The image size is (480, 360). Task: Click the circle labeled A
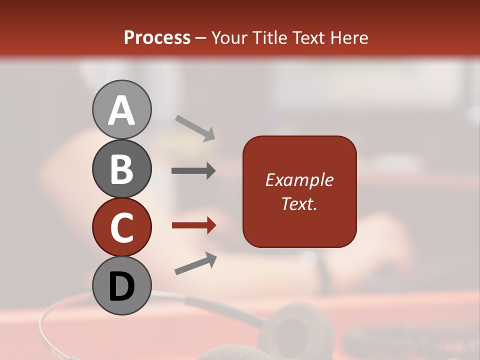point(121,109)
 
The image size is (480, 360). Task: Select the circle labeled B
point(121,168)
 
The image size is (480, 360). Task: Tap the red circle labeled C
point(121,227)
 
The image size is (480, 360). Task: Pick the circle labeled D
point(121,285)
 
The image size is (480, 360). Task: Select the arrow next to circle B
point(193,171)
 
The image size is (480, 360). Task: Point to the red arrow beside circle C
point(193,225)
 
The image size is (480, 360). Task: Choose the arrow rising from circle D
point(195,264)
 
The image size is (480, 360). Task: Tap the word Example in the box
point(299,180)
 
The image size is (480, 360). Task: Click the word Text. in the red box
point(299,203)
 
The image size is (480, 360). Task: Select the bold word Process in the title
point(157,37)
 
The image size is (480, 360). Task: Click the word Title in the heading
point(268,37)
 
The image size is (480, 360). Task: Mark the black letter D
point(121,287)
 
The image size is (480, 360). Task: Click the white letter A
point(121,110)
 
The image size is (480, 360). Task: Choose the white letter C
point(121,228)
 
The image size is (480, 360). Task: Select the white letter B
point(121,169)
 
